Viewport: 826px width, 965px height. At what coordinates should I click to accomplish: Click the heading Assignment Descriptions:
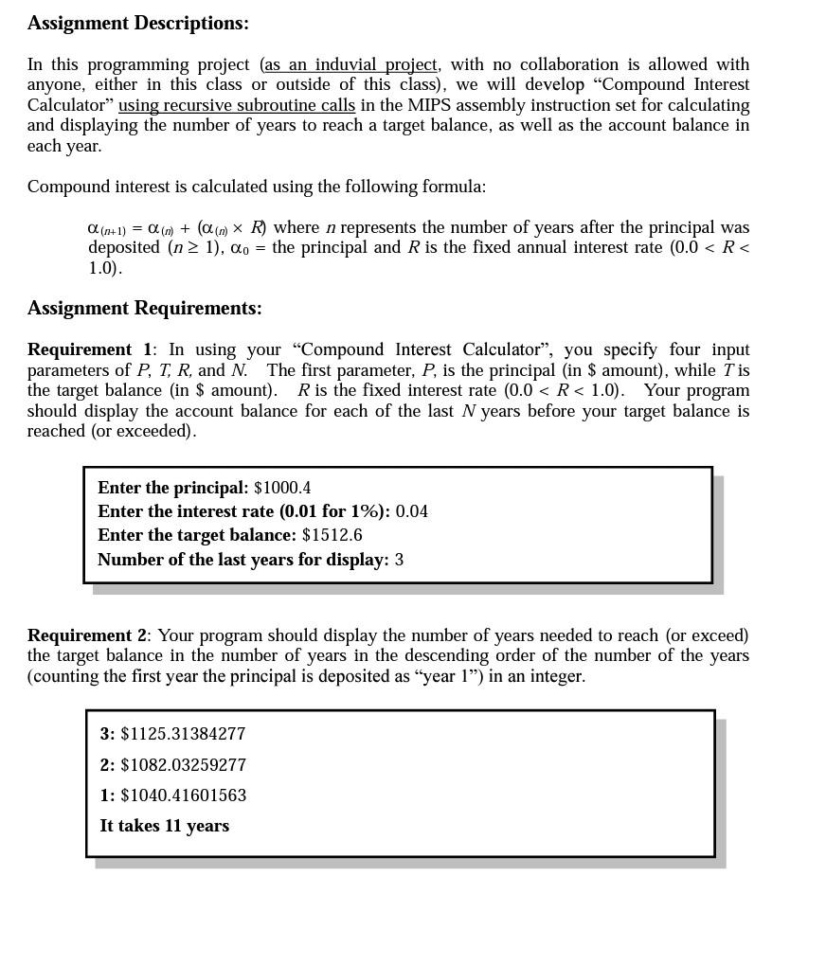pyautogui.click(x=138, y=23)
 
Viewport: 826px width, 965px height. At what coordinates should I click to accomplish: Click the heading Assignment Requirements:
pyautogui.click(x=144, y=308)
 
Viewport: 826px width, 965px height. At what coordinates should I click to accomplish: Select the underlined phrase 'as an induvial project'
pyautogui.click(x=350, y=64)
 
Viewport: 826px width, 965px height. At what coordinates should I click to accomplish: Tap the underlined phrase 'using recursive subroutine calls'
pyautogui.click(x=237, y=105)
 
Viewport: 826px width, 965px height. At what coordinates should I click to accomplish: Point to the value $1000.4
pyautogui.click(x=282, y=488)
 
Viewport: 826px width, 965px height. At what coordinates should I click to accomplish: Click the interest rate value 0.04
pyautogui.click(x=412, y=511)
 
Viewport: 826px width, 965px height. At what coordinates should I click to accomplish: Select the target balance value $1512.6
pyautogui.click(x=332, y=535)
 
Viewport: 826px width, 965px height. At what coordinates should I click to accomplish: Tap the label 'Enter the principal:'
pyautogui.click(x=172, y=488)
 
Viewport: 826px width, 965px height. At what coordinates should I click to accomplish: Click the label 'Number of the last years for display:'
pyautogui.click(x=242, y=560)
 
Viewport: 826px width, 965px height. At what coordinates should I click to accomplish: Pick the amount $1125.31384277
pyautogui.click(x=183, y=734)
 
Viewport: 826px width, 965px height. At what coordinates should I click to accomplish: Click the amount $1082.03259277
pyautogui.click(x=183, y=765)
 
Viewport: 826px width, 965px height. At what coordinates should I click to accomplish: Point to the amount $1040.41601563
pyautogui.click(x=183, y=795)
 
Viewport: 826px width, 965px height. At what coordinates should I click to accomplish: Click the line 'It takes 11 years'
pyautogui.click(x=164, y=826)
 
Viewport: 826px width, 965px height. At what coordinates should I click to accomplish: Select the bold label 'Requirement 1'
pyautogui.click(x=89, y=349)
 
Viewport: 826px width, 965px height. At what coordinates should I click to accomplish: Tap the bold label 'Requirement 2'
pyautogui.click(x=87, y=635)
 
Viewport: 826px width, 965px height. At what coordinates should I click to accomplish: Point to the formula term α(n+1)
pyautogui.click(x=106, y=228)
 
